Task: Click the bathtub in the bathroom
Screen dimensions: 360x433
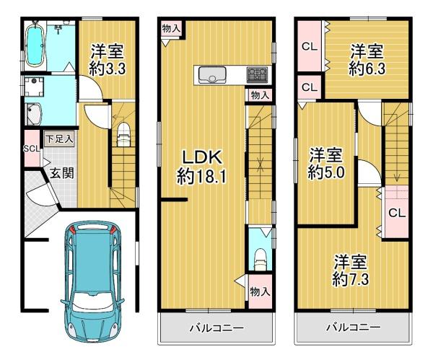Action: click(x=35, y=46)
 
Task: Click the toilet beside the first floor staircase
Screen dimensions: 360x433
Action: click(x=122, y=135)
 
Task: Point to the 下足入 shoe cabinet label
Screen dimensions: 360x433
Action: click(x=58, y=138)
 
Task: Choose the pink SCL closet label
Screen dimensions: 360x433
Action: click(x=31, y=149)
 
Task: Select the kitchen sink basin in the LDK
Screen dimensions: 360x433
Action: click(x=212, y=75)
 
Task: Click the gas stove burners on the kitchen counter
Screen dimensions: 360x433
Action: click(x=256, y=74)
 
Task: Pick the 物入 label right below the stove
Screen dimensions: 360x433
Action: click(x=261, y=95)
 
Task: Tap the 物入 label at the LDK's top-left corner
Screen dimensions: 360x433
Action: click(x=172, y=28)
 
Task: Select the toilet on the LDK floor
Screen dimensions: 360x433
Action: click(x=259, y=256)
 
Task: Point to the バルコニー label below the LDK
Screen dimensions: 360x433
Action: click(x=216, y=328)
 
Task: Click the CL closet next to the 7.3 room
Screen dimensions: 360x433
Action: click(x=395, y=212)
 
